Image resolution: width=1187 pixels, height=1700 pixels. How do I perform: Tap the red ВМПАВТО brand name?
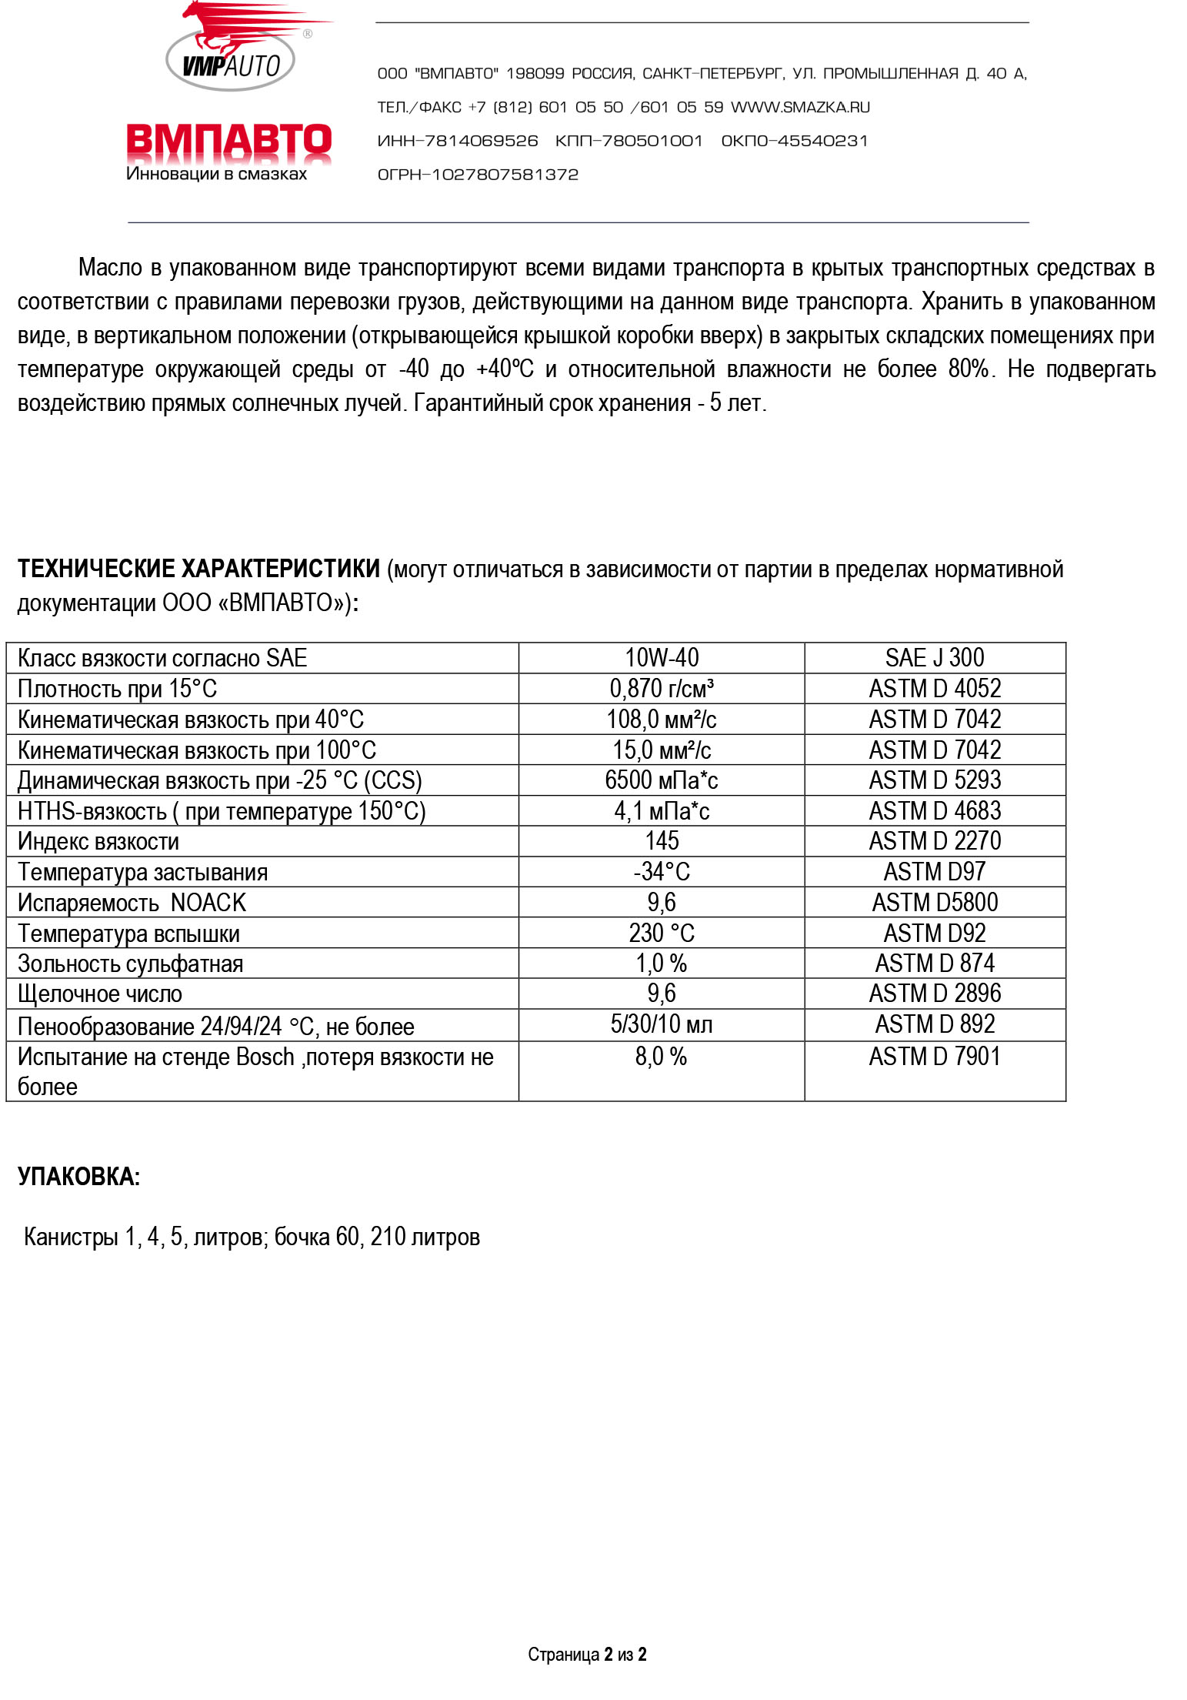coord(228,142)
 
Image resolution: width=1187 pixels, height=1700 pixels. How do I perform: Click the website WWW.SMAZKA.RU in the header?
coord(800,107)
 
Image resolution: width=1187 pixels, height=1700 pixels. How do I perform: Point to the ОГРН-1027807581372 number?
coord(478,175)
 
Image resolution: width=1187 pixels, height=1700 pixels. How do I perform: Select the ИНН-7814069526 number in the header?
coord(458,141)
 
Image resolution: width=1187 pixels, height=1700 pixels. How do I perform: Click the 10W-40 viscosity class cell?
coord(662,658)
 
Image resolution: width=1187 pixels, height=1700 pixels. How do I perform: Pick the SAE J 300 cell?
coord(934,658)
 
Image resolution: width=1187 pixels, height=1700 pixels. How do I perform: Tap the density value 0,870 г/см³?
coord(662,689)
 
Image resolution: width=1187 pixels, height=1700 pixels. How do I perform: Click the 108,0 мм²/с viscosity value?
coord(662,720)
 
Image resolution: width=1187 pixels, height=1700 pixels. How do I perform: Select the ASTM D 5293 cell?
coord(934,780)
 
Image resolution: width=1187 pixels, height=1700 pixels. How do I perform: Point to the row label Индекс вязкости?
coord(98,842)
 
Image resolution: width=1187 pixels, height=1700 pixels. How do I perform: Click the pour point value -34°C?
coord(662,872)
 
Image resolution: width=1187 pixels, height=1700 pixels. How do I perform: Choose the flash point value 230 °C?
coord(662,933)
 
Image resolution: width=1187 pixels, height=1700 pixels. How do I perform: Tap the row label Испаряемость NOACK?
coord(132,903)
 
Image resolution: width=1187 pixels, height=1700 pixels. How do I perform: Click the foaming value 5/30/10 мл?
coord(662,1025)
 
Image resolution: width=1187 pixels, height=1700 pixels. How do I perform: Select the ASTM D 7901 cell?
coord(934,1057)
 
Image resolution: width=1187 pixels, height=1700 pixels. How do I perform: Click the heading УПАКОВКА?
coord(78,1177)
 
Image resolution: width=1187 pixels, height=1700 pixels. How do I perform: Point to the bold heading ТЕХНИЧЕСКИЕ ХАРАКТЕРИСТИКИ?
coord(198,569)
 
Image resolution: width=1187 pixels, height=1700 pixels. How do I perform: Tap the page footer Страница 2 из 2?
coord(587,1655)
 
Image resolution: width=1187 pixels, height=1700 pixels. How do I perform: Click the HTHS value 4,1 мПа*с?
coord(662,811)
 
